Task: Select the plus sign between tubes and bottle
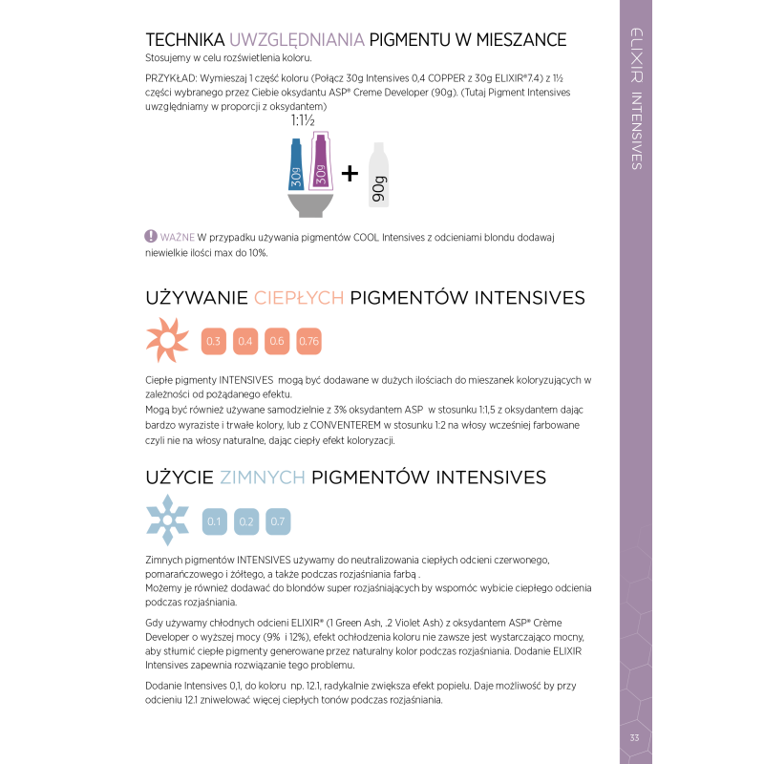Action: (350, 173)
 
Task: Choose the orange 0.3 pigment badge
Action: (214, 341)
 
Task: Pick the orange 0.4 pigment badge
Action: (245, 341)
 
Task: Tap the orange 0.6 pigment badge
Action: (277, 341)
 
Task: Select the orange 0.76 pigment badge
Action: (308, 341)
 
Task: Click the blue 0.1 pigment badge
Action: (214, 521)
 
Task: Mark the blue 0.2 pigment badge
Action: (245, 521)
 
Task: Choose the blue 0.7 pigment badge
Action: (278, 521)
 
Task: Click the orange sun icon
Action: (166, 341)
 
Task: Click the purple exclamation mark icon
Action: (150, 236)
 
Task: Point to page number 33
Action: (634, 737)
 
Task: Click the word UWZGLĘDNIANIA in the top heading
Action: (297, 40)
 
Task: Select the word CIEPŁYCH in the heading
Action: (299, 297)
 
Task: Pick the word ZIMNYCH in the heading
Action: (263, 477)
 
